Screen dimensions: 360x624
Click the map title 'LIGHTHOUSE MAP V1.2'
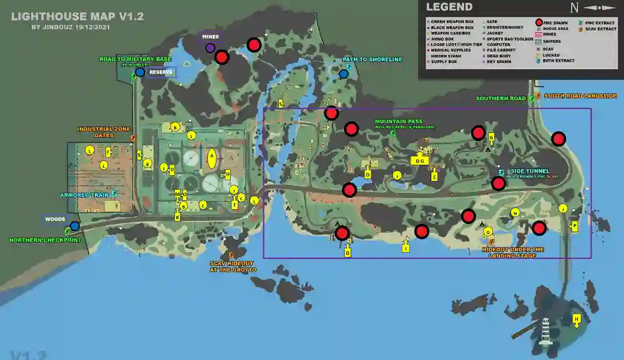click(x=77, y=16)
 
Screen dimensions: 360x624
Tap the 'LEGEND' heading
click(x=449, y=7)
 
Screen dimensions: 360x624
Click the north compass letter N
click(x=574, y=7)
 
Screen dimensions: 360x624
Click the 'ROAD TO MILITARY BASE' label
click(x=135, y=59)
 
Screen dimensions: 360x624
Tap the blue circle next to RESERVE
click(x=140, y=72)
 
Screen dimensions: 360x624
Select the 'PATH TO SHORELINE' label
click(x=373, y=60)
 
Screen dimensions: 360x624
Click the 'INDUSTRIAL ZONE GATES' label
click(x=104, y=132)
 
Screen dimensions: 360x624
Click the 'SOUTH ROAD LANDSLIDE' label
click(x=580, y=96)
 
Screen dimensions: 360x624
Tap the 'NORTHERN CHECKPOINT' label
click(x=45, y=240)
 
